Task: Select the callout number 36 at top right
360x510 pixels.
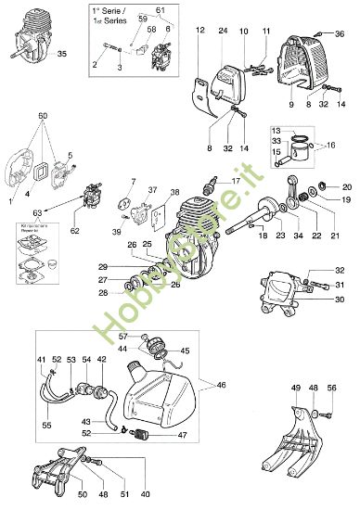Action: pos(341,34)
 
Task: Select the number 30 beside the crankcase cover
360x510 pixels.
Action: pos(340,300)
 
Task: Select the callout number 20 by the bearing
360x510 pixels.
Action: pos(347,186)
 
